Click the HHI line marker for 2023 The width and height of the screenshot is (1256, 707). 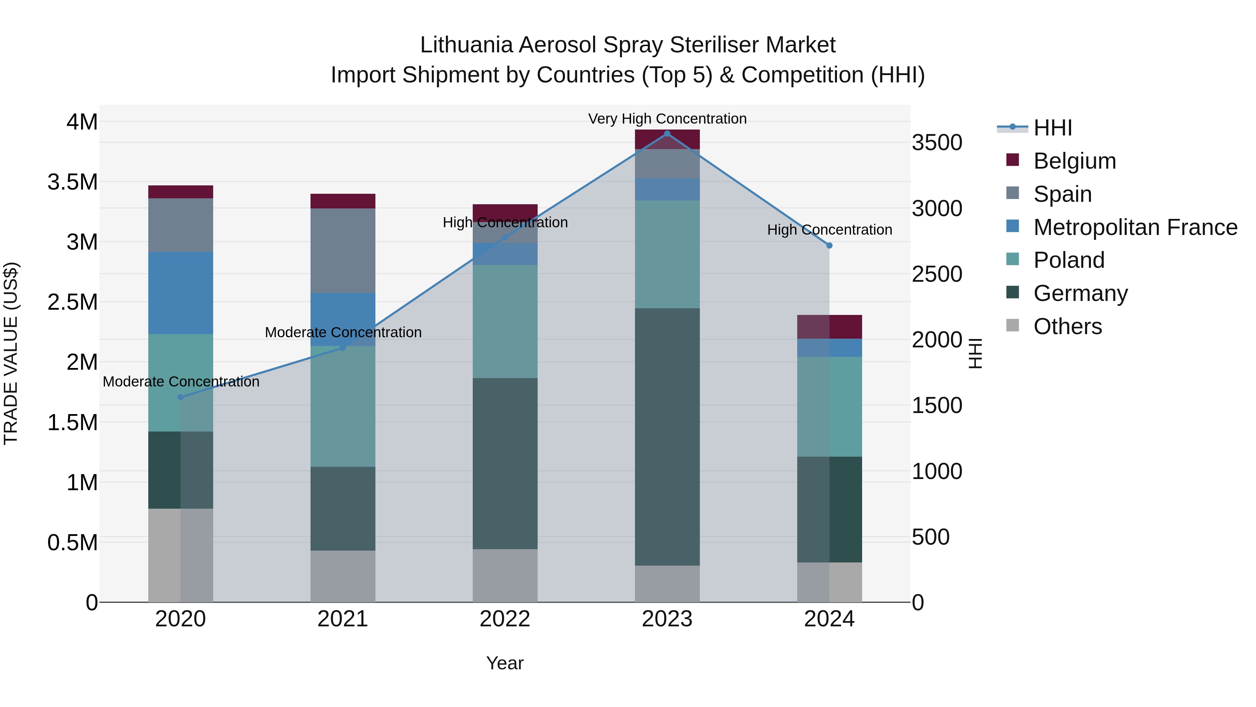click(x=667, y=134)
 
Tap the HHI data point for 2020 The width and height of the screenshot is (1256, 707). click(x=180, y=397)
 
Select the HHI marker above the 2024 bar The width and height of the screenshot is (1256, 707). click(x=829, y=245)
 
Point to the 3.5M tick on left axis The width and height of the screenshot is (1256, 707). click(x=73, y=182)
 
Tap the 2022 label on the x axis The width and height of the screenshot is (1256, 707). click(x=504, y=619)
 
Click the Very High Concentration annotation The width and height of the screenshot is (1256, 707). click(x=667, y=119)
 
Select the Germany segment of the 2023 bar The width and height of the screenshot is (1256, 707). click(x=667, y=437)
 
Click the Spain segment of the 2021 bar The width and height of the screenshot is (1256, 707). click(x=343, y=250)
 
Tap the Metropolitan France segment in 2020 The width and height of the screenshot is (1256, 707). click(x=180, y=293)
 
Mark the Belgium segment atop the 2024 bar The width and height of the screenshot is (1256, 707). click(x=829, y=327)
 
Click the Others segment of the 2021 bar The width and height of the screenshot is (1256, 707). click(x=343, y=576)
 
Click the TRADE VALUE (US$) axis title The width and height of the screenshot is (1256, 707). click(x=11, y=353)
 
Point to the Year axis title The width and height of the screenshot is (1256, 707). click(x=504, y=663)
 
